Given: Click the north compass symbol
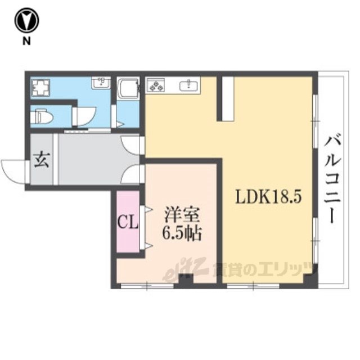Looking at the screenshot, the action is pyautogui.click(x=26, y=21).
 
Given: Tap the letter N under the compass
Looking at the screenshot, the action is pyautogui.click(x=26, y=41).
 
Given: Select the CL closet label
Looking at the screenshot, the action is pyautogui.click(x=128, y=222).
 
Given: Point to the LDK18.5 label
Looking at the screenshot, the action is pyautogui.click(x=268, y=197).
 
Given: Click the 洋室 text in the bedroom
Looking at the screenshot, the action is pyautogui.click(x=181, y=215).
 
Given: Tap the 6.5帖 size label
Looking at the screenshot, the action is pyautogui.click(x=182, y=234).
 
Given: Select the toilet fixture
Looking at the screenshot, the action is pyautogui.click(x=42, y=117).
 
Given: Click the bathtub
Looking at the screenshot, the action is pyautogui.click(x=128, y=88).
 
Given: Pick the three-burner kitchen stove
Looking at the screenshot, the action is pyautogui.click(x=156, y=85).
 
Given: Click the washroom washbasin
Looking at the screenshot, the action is pyautogui.click(x=101, y=83).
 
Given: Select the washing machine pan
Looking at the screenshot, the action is pyautogui.click(x=41, y=88).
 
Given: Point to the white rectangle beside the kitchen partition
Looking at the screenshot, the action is pyautogui.click(x=228, y=98).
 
